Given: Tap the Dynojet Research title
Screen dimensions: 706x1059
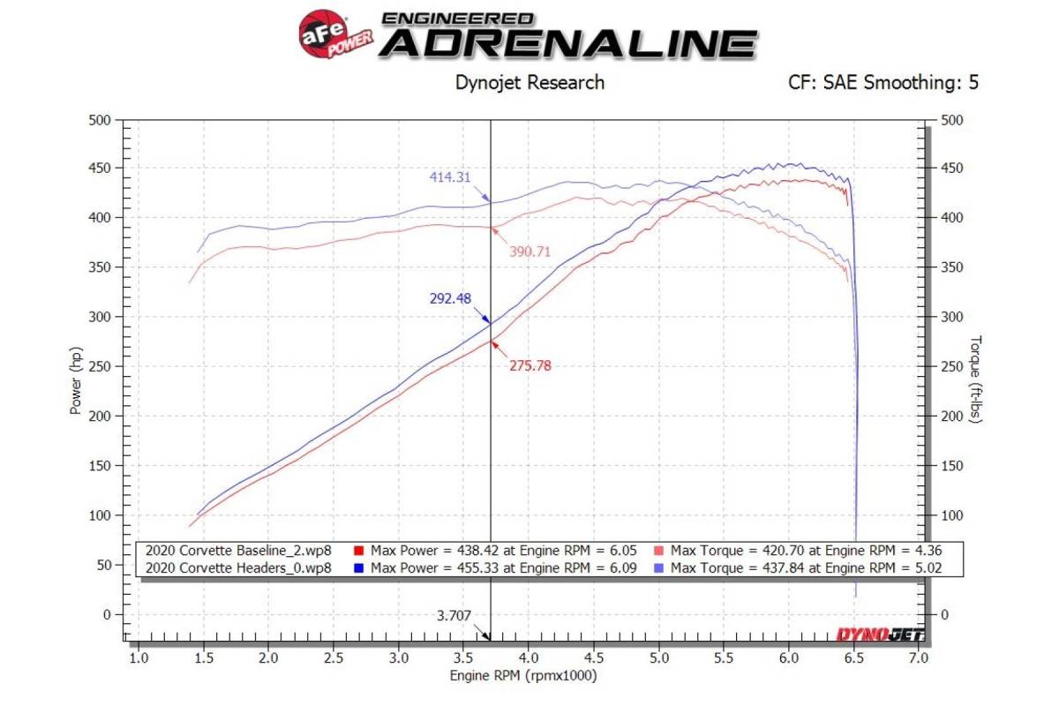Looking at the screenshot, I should tap(529, 83).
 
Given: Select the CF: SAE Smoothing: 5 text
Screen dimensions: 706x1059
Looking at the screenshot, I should tap(883, 83).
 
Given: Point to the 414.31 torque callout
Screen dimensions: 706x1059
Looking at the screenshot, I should tap(450, 176).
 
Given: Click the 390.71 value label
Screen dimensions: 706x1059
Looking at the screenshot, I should tap(530, 252).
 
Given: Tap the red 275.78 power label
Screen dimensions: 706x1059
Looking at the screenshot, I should tap(529, 365).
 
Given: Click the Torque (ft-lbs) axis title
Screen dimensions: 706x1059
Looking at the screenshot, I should tap(976, 379).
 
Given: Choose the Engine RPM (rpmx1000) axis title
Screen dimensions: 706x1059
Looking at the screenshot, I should tap(523, 677).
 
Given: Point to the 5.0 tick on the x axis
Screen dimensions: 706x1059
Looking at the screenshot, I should tap(658, 658).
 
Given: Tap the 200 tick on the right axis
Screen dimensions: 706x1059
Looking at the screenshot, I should tap(955, 417).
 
